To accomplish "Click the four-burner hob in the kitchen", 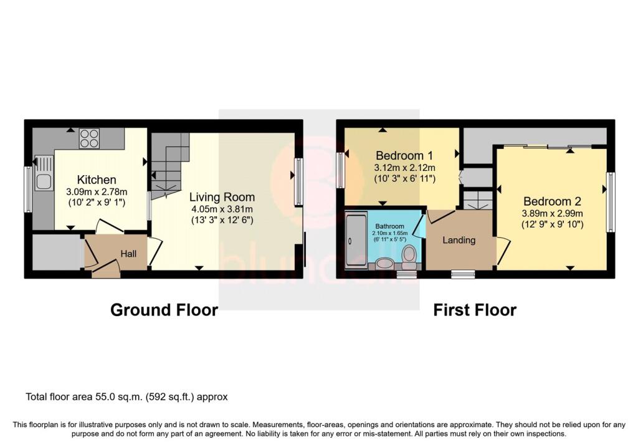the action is tap(89, 138).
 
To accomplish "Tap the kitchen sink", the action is tap(43, 173).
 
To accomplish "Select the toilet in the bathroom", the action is tap(409, 256).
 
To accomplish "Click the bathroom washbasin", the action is tap(383, 263).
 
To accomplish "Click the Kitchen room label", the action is tap(97, 180).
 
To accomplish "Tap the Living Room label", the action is tap(222, 197).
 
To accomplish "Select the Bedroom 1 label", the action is tap(404, 155).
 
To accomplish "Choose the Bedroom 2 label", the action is tap(552, 201).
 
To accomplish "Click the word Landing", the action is tap(459, 240).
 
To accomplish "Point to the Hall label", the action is tap(128, 254).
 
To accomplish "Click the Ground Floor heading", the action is tap(164, 310).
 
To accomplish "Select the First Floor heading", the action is tap(475, 310).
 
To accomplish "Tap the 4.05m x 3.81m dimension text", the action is tap(222, 209).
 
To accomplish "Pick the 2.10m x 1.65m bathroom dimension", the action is tap(389, 233).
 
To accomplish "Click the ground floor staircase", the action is tap(170, 165).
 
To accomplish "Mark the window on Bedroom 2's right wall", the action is tap(611, 203).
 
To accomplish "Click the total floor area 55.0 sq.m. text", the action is tap(126, 397).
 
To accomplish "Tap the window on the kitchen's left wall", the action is tap(28, 190).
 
